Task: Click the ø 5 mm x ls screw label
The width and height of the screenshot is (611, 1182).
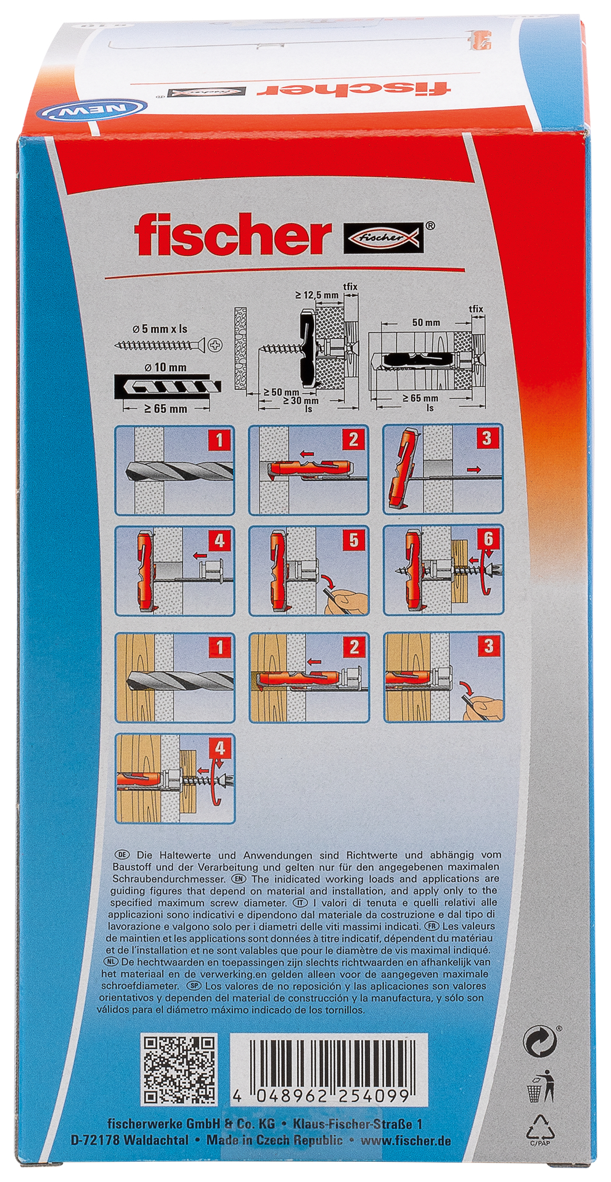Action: [x=160, y=330]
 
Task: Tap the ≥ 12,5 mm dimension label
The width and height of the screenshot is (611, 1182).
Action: [x=317, y=295]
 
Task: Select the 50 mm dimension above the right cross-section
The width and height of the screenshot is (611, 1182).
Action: [x=426, y=323]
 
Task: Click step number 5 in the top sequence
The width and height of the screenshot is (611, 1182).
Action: [x=354, y=540]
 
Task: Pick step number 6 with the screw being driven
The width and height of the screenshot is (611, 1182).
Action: [x=489, y=540]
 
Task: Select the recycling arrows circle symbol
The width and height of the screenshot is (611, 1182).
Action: [x=539, y=1043]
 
